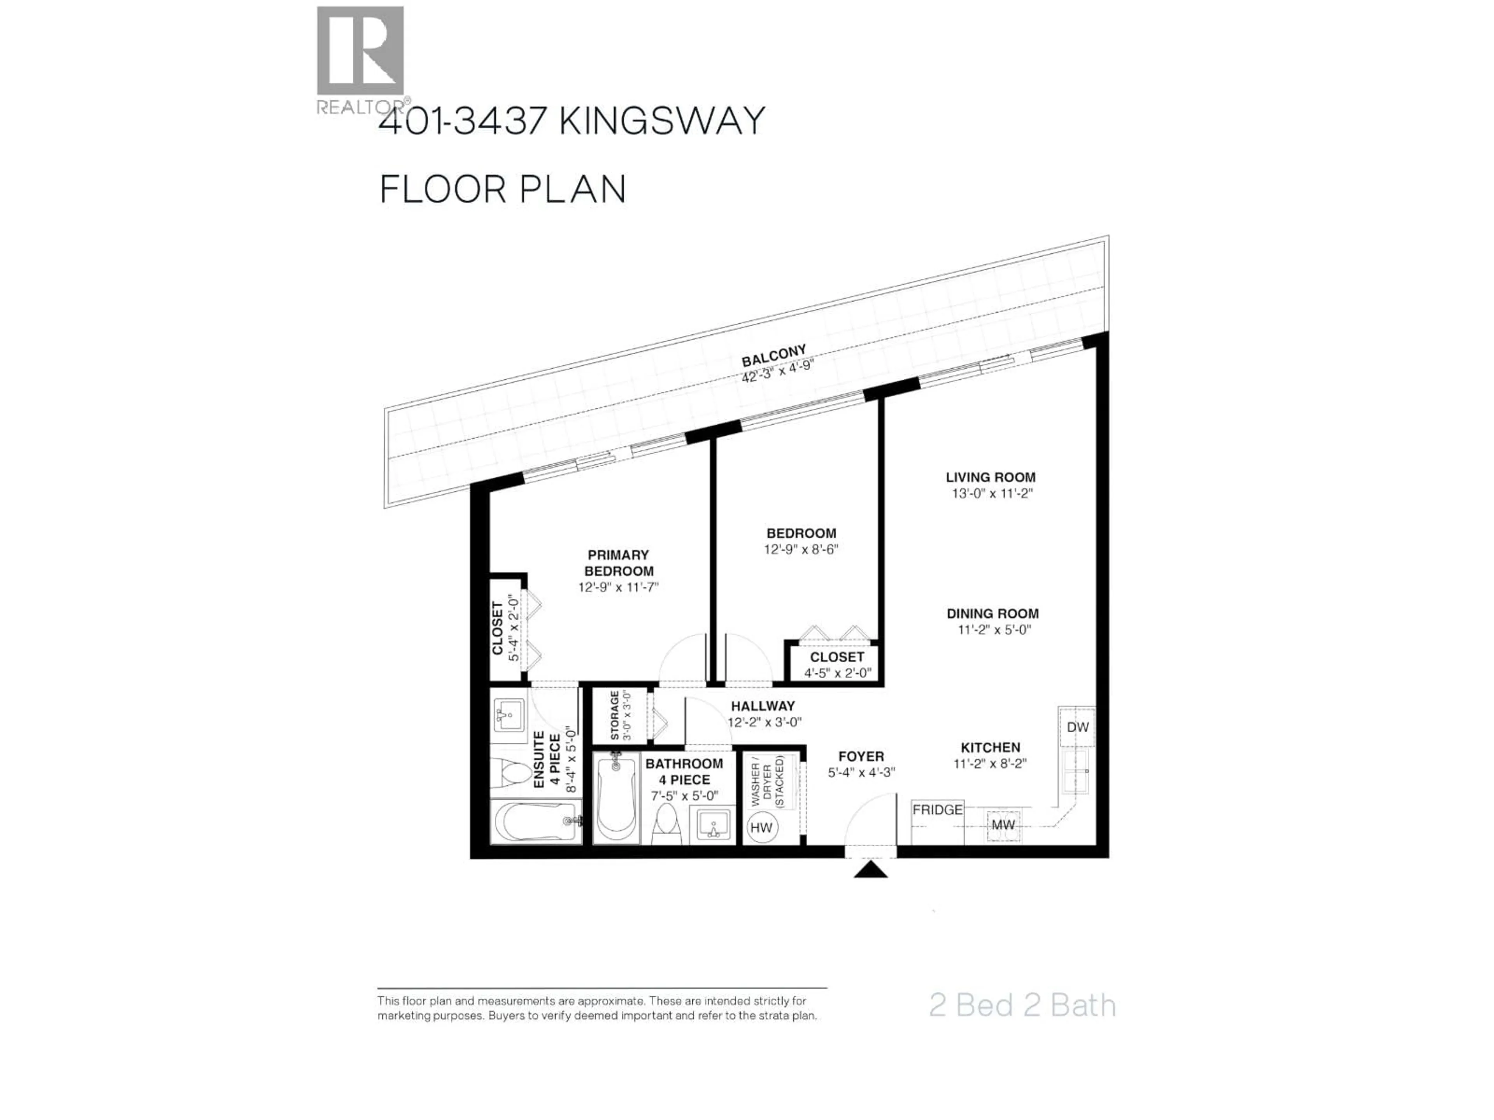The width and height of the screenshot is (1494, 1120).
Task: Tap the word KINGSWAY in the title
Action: (x=662, y=121)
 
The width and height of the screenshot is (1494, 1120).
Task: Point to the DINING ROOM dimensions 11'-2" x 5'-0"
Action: (x=994, y=630)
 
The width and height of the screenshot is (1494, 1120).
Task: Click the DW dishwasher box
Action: (x=1077, y=727)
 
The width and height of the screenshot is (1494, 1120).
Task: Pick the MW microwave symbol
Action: (x=1003, y=825)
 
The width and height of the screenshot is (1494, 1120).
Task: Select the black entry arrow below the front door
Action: (x=871, y=870)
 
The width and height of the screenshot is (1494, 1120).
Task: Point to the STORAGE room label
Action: (x=615, y=716)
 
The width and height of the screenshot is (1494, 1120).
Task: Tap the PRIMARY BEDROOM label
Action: (x=618, y=563)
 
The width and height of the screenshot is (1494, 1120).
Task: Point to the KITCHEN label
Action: (x=990, y=747)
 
